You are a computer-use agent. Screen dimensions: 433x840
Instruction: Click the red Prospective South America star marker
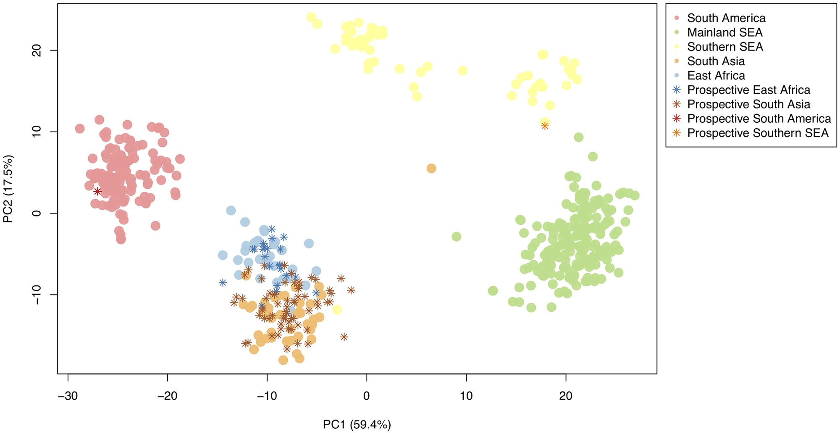[97, 192]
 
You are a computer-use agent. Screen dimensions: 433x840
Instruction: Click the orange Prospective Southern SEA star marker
[545, 126]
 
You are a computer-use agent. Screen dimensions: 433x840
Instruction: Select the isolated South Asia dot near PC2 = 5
[431, 169]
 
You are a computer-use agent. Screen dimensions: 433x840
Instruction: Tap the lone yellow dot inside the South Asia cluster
[337, 310]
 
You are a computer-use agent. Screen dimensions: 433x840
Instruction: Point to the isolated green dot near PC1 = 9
[457, 237]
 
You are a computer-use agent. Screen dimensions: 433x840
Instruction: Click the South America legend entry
[726, 18]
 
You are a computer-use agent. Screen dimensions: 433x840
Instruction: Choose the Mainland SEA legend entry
[725, 32]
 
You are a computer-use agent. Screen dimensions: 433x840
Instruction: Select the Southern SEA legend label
[725, 47]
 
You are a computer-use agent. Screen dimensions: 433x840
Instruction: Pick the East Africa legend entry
[716, 76]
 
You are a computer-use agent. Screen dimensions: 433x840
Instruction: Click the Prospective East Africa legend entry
[748, 90]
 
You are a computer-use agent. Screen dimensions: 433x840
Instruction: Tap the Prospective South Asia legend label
[748, 104]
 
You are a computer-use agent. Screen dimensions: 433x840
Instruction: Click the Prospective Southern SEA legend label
[758, 133]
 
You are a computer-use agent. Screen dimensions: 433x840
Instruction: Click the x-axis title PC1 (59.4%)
[357, 425]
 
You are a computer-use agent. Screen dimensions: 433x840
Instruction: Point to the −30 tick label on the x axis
[68, 396]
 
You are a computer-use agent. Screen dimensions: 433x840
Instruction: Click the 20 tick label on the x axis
[566, 396]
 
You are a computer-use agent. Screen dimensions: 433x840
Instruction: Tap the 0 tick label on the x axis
[367, 396]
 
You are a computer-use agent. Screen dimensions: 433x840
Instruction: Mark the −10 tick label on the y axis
[37, 295]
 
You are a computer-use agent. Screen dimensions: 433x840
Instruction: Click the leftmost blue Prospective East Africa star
[223, 283]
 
